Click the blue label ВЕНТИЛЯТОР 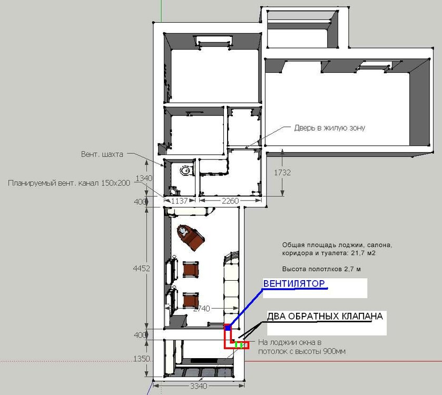click(x=294, y=283)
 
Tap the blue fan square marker click(x=228, y=328)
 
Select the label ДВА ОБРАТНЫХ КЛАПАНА click(x=325, y=317)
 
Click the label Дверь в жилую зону click(x=330, y=128)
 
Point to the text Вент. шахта click(x=102, y=154)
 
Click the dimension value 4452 click(x=142, y=269)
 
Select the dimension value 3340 click(x=199, y=386)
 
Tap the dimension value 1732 click(x=282, y=172)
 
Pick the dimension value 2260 click(x=230, y=201)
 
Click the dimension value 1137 click(x=179, y=201)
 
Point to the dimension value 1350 click(x=142, y=359)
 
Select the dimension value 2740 click(x=202, y=309)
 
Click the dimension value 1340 click(x=144, y=179)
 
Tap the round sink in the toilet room click(x=185, y=171)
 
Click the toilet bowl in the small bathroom click(x=174, y=191)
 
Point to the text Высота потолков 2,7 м click(x=321, y=269)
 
